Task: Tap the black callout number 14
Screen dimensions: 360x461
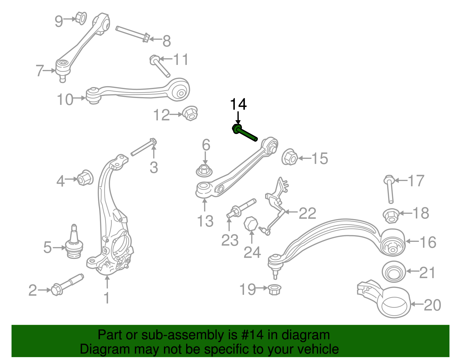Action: point(238,104)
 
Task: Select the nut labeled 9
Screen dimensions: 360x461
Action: point(81,18)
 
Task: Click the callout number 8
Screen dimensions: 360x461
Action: point(167,41)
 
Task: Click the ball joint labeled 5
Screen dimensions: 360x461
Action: point(74,244)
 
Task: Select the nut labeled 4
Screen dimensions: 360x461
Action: point(85,178)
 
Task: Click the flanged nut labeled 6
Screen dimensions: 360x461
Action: point(204,170)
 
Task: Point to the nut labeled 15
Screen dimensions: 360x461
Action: point(289,157)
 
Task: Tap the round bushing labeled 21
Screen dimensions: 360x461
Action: point(393,272)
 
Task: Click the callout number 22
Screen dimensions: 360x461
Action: point(307,213)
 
